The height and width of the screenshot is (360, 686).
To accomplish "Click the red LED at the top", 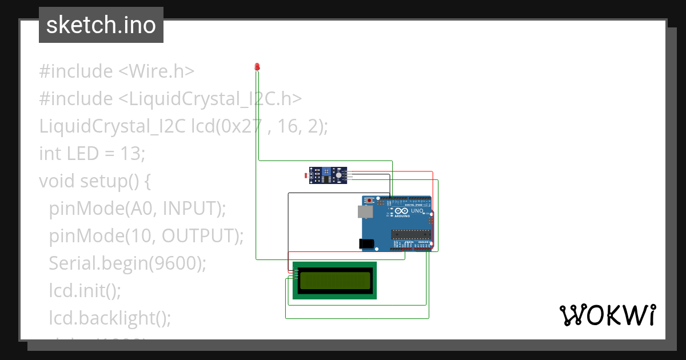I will click(x=257, y=67).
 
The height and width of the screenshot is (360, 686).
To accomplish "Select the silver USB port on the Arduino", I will click(x=364, y=211).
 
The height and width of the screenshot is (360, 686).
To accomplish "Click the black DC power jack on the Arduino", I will click(x=366, y=243).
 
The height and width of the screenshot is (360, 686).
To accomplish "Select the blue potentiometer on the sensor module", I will click(x=326, y=170).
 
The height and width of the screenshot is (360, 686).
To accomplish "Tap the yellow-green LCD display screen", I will click(x=334, y=280).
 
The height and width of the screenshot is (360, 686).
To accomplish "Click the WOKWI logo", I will click(x=607, y=315).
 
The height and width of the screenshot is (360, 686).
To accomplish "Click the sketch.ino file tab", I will click(x=101, y=25).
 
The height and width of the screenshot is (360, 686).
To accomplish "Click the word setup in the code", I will click(x=103, y=181).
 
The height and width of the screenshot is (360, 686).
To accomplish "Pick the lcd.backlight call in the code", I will click(x=109, y=318).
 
